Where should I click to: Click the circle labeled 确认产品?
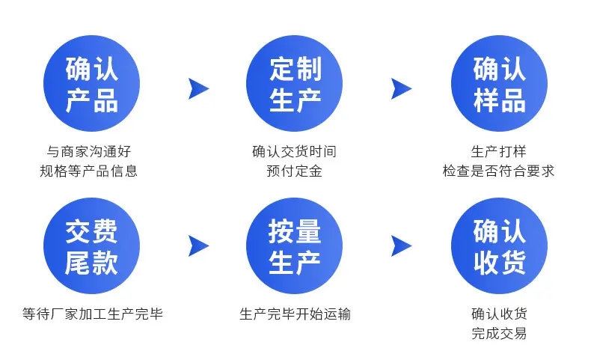[x=91, y=83]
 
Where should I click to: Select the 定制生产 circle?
[x=294, y=83]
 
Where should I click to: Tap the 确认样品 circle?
[x=500, y=83]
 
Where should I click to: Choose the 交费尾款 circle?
[x=91, y=245]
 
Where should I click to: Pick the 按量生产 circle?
[x=294, y=245]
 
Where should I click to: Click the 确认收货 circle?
[x=500, y=245]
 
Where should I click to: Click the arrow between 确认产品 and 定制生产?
[x=200, y=89]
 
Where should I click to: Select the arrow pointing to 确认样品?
[x=402, y=89]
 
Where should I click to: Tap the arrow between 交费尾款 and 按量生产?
[x=200, y=246]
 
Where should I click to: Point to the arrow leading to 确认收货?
[x=402, y=246]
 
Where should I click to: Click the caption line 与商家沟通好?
[x=89, y=151]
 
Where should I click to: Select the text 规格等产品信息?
[x=88, y=171]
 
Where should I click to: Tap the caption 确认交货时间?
[x=294, y=151]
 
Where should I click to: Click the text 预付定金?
[x=294, y=171]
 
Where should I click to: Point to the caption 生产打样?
[x=498, y=151]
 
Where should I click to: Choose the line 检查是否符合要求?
[x=498, y=171]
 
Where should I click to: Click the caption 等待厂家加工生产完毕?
[x=92, y=314]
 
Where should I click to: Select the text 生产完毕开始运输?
[x=295, y=314]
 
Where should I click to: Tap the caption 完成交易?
[x=499, y=333]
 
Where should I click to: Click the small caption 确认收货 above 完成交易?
[x=499, y=314]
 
